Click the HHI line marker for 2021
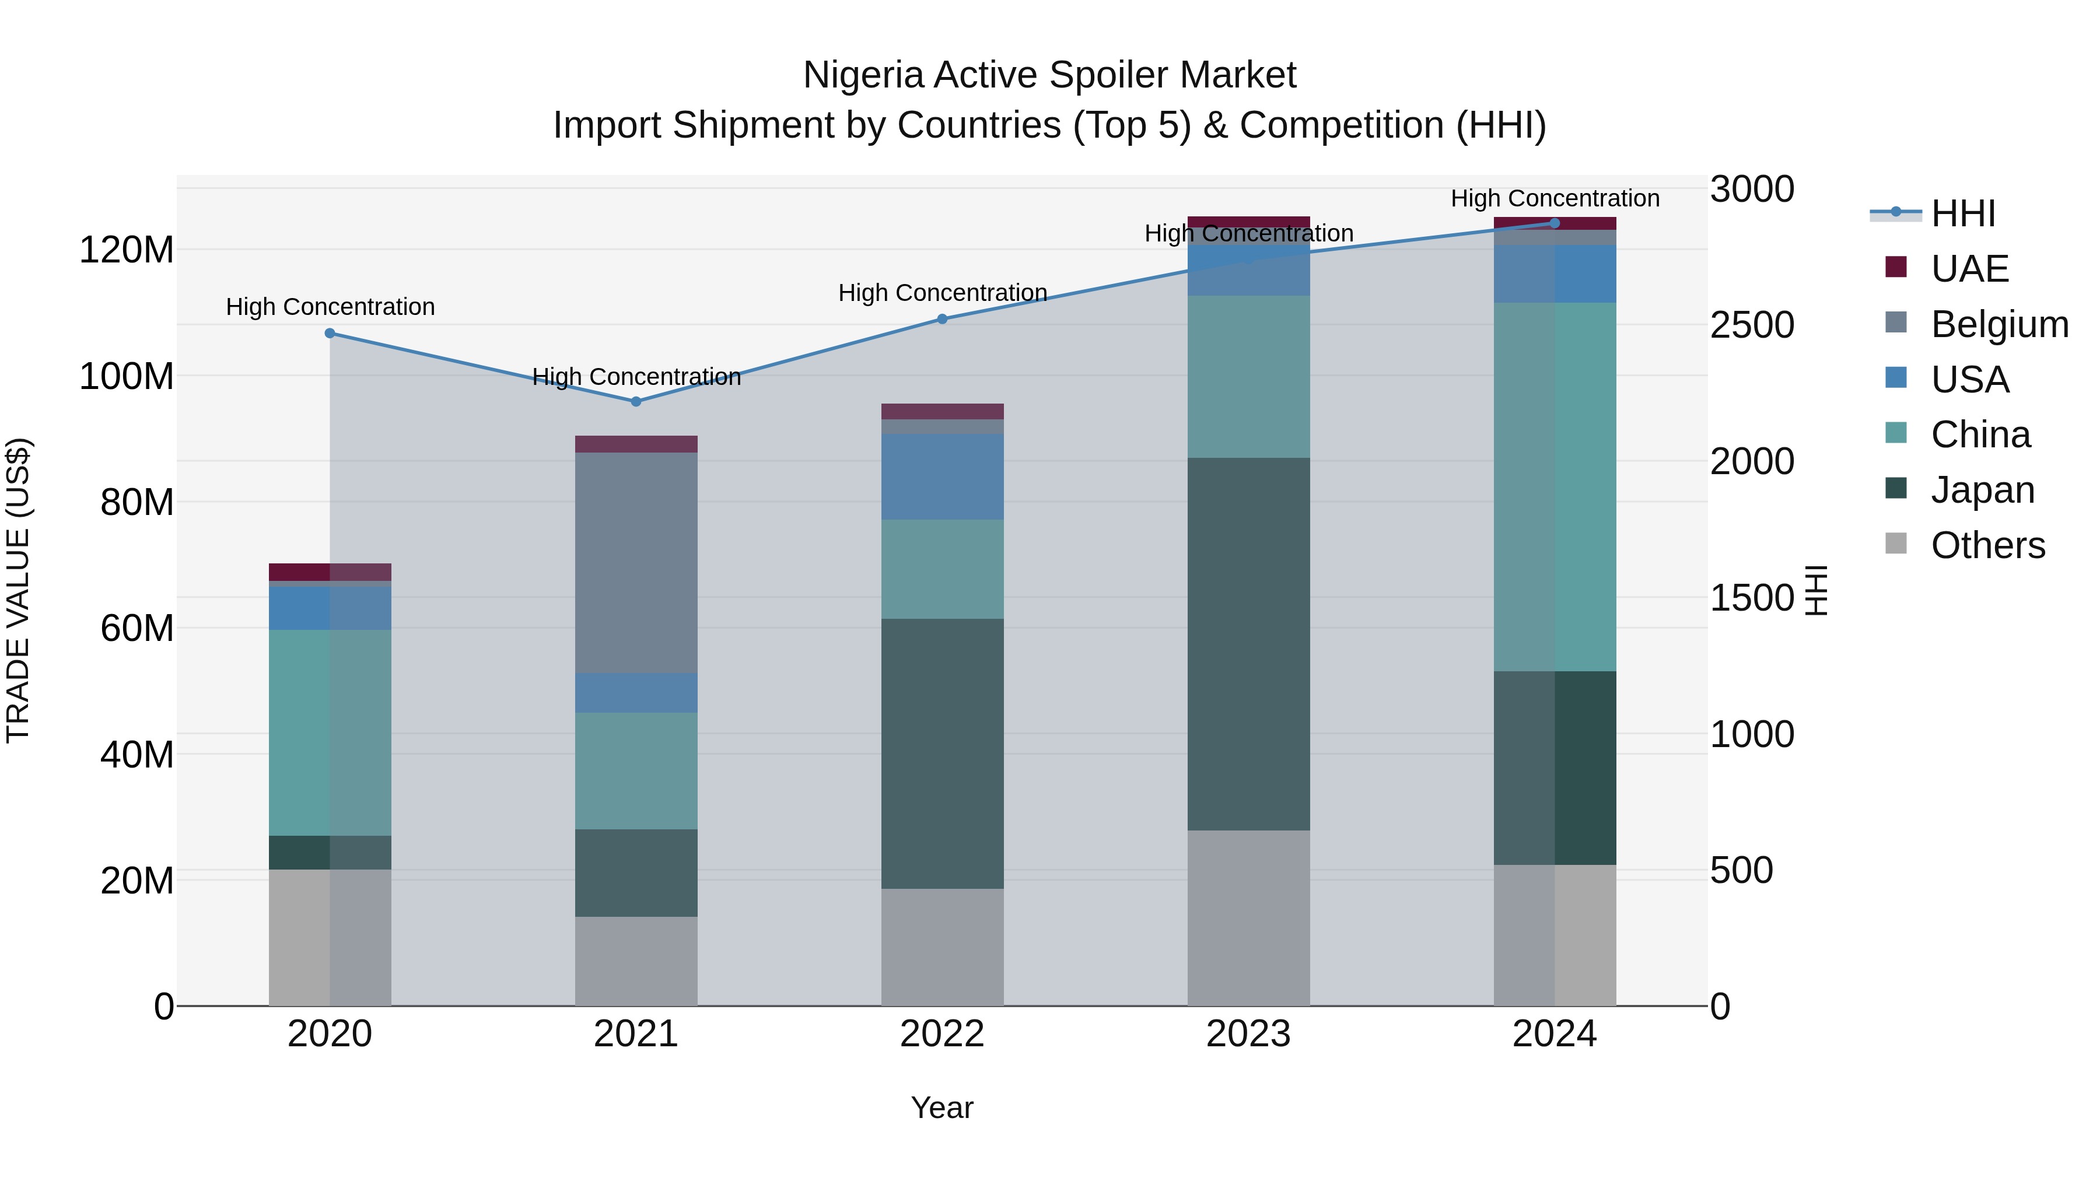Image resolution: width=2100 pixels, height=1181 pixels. point(636,402)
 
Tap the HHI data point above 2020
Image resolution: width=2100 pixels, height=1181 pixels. point(330,334)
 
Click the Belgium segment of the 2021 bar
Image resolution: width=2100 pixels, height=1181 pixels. point(636,562)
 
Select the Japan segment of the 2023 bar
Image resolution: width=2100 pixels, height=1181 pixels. point(1248,644)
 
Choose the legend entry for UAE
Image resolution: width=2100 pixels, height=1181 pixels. point(1969,269)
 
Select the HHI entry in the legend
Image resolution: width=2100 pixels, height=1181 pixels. point(1962,213)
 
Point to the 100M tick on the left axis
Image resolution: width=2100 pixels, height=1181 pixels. point(127,377)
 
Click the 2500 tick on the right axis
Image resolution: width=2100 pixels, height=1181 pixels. point(1752,325)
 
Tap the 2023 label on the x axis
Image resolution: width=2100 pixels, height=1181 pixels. point(1248,1034)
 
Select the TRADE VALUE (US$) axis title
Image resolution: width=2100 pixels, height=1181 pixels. point(18,590)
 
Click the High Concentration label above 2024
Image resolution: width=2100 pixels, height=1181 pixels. point(1554,198)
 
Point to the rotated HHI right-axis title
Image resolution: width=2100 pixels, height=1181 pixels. point(1817,590)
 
